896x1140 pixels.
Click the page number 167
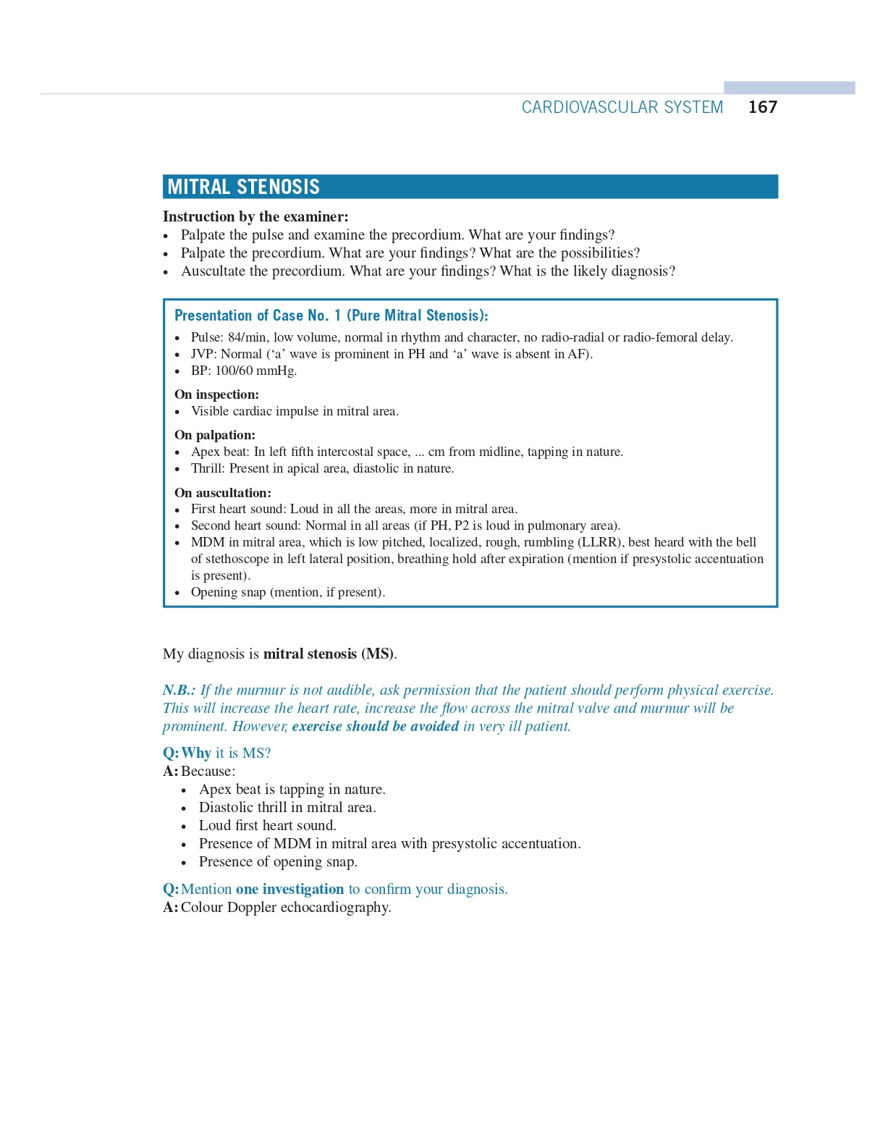(762, 107)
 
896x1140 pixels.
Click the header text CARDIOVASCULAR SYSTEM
(622, 107)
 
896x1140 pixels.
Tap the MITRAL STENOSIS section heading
(243, 187)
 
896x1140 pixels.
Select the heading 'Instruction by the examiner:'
(255, 216)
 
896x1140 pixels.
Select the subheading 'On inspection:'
(216, 394)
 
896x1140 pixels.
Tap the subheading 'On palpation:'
(215, 435)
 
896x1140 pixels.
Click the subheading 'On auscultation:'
(223, 493)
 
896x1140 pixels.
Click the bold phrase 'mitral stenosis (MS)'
(329, 654)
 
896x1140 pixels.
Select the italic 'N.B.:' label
(179, 690)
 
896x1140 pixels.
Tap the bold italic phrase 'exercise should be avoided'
(375, 726)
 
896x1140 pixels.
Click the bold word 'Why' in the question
(196, 753)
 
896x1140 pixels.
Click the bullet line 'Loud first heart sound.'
(267, 825)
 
